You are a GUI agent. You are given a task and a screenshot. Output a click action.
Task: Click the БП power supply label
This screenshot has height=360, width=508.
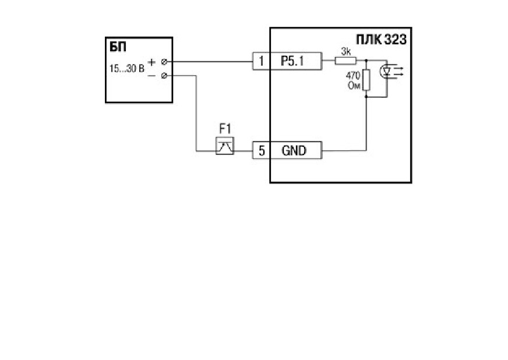(x=118, y=47)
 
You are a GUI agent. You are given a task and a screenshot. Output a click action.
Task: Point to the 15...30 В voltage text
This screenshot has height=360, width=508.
(x=126, y=69)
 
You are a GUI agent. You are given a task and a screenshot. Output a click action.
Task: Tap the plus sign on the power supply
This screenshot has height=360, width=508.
(x=151, y=62)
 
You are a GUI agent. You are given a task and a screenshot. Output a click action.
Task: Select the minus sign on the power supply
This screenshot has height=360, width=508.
(x=151, y=76)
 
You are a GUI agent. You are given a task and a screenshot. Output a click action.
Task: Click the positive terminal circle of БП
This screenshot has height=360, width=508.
(x=164, y=62)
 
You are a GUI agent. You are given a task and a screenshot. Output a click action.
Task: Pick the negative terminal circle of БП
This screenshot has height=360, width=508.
(x=164, y=76)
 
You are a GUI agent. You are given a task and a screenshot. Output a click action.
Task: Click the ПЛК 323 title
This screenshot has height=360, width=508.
(x=381, y=40)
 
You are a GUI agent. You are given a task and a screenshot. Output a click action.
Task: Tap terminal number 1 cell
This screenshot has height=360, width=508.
(x=261, y=61)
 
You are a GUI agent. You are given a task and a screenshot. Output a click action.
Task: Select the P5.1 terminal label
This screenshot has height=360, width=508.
(x=292, y=61)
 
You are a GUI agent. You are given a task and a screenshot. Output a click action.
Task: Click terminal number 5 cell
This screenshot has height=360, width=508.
(x=261, y=150)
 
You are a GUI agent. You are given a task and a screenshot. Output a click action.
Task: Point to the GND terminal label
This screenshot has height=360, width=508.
(x=294, y=151)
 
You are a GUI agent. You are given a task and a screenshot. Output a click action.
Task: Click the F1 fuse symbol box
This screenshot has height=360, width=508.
(x=224, y=146)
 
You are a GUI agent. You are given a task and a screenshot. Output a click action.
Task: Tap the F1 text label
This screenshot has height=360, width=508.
(x=225, y=129)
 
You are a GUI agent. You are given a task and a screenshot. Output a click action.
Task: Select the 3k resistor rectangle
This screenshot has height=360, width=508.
(x=345, y=61)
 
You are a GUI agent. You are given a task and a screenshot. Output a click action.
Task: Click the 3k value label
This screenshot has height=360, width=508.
(x=346, y=51)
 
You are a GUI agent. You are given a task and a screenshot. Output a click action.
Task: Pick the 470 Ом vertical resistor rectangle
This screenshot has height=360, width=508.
(x=366, y=80)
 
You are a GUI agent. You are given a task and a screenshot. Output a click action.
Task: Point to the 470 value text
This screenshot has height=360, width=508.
(x=353, y=76)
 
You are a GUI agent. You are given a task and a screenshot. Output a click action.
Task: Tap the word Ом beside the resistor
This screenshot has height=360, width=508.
(x=354, y=86)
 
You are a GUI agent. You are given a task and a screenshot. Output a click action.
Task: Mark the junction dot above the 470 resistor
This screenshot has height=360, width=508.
(x=366, y=60)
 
